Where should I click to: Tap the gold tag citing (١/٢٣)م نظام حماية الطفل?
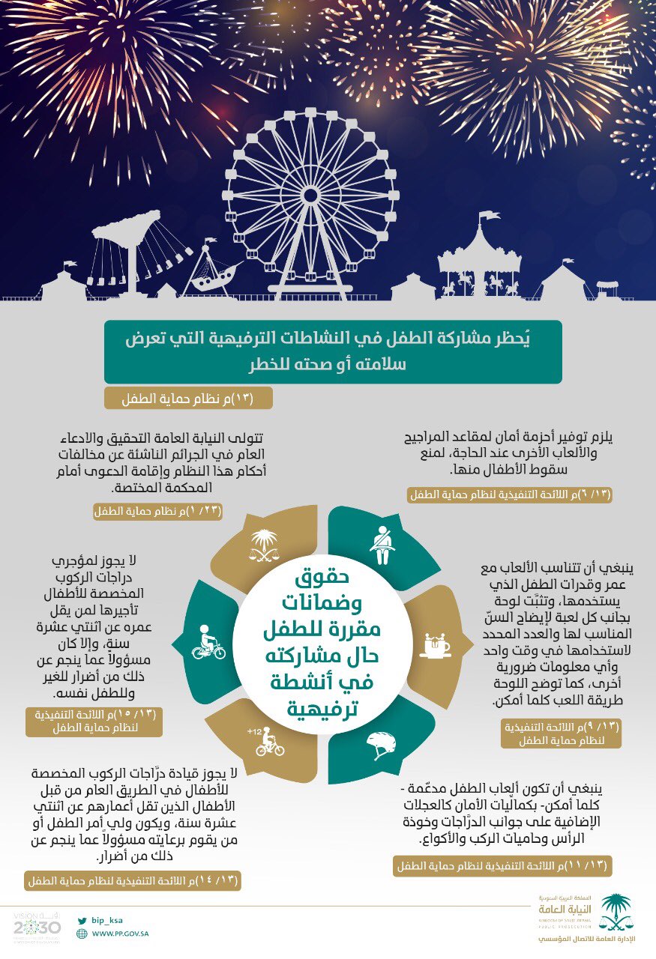(158, 512)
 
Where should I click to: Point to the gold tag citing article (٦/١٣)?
(510, 494)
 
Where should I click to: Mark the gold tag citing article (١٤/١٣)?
(133, 880)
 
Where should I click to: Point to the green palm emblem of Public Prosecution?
(616, 911)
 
